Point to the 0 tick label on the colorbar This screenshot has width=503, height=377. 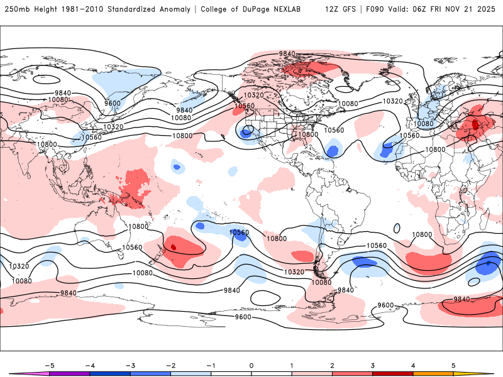(x=251, y=365)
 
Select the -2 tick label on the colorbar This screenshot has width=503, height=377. (x=170, y=365)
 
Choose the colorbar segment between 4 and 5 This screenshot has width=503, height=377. (x=433, y=374)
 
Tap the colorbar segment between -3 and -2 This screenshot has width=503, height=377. (x=150, y=374)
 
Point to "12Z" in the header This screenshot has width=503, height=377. (x=333, y=10)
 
